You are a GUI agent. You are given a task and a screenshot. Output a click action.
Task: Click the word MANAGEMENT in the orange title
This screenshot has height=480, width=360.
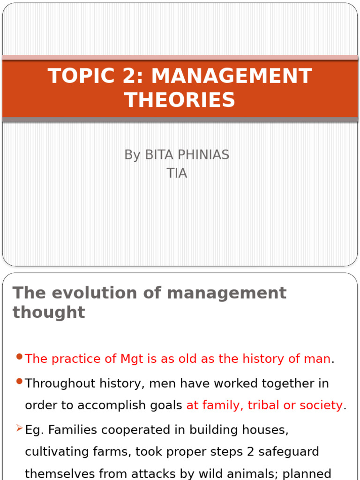[x=232, y=76]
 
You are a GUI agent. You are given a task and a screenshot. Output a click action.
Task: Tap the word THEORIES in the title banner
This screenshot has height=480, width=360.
[x=180, y=100]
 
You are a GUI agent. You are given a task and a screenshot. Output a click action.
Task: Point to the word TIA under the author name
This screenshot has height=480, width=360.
[x=177, y=173]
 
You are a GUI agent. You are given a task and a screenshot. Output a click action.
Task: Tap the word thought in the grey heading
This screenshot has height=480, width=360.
[x=49, y=312]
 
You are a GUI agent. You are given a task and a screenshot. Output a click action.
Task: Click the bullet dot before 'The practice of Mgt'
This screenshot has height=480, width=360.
[x=19, y=357]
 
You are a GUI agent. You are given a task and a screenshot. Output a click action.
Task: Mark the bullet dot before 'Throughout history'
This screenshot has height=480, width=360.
[x=19, y=382]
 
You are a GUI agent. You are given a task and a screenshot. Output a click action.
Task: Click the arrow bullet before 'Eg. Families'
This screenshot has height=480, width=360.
[x=19, y=428]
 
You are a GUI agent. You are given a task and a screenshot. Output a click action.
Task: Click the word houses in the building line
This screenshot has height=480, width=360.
[x=263, y=430]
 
